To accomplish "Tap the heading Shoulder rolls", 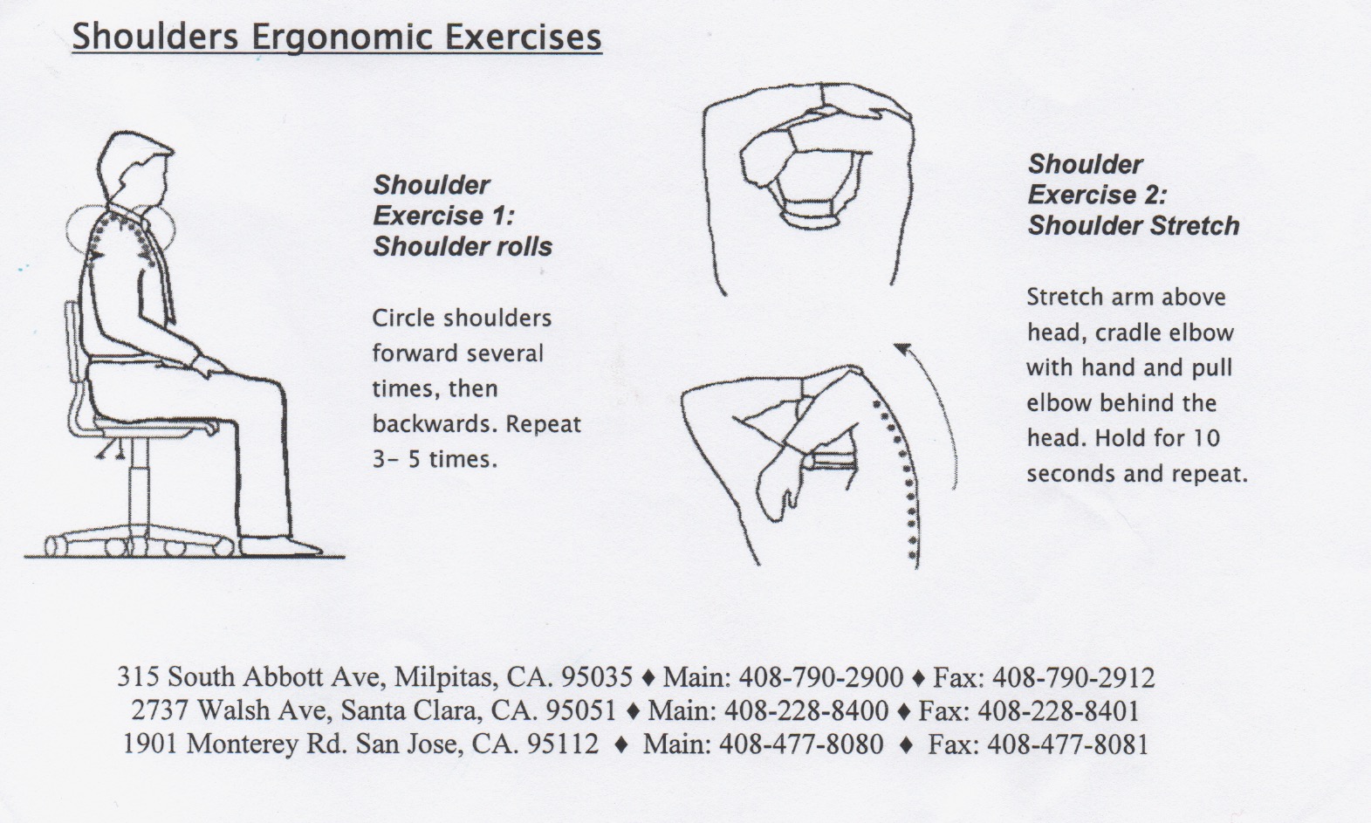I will coord(463,247).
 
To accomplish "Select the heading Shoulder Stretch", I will coord(1133,226).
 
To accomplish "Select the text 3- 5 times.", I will coord(435,459).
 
